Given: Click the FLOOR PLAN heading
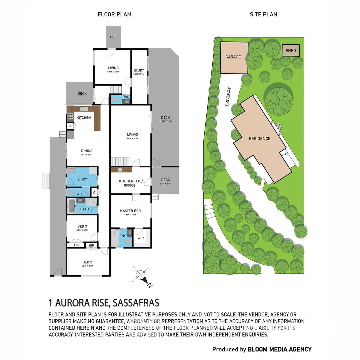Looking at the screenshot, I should [114, 14].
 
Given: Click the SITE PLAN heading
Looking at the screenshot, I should [263, 14].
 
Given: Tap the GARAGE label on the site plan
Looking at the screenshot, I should [233, 57].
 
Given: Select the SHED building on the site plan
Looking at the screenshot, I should [291, 51].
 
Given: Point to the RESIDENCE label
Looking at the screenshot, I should [259, 138].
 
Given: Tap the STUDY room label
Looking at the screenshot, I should [139, 70].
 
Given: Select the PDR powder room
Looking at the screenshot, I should [126, 97].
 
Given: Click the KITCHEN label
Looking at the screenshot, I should [84, 118].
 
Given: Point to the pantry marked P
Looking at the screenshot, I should [71, 126].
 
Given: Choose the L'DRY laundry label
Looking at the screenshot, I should [82, 179].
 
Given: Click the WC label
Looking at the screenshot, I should [79, 194].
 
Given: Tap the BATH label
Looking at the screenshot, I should [84, 209].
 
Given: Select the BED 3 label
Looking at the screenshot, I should [82, 226].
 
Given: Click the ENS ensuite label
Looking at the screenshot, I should [122, 236].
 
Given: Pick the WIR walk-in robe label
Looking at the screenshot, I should [140, 238].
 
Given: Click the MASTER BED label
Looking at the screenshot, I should [130, 211].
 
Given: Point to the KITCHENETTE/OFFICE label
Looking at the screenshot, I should [131, 183].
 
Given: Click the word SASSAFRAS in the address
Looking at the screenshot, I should [136, 303].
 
